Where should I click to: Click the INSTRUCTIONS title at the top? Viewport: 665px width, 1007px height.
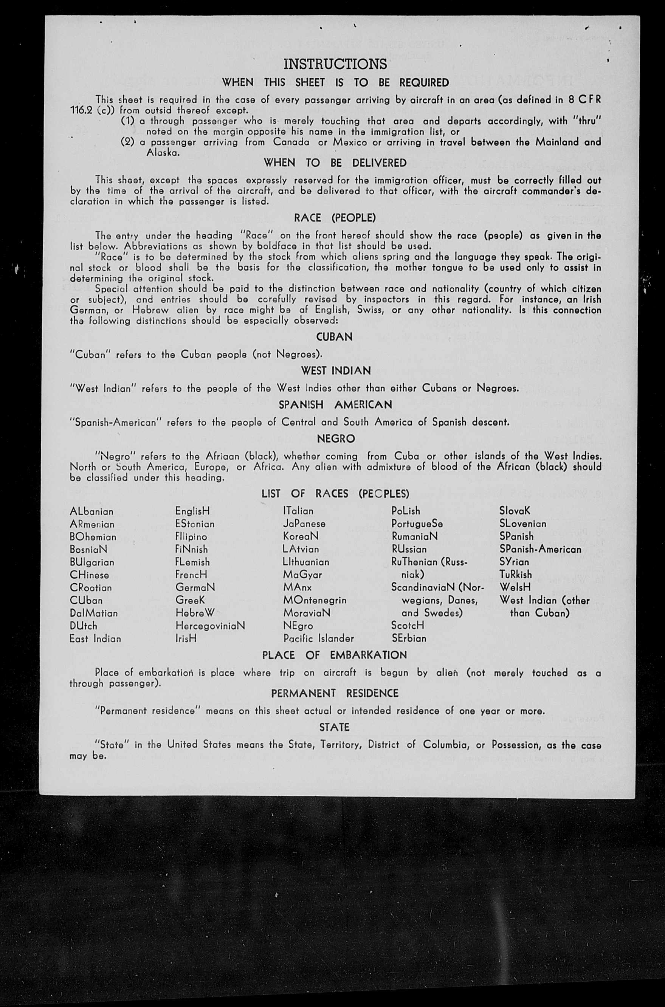pos(335,64)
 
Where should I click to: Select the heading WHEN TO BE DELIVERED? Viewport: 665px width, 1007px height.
pos(335,163)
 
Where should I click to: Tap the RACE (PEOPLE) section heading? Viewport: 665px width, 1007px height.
pos(335,218)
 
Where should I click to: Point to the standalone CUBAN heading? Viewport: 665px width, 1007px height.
pos(335,337)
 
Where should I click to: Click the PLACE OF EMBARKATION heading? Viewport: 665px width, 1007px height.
pos(335,655)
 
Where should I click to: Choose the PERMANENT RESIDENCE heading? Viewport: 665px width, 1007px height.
pos(335,693)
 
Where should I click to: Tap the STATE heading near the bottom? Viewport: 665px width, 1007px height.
pos(334,727)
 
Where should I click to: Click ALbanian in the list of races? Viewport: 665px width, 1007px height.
pos(91,511)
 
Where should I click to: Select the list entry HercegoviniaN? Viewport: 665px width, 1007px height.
pos(210,626)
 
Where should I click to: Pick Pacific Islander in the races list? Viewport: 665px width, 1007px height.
pos(318,638)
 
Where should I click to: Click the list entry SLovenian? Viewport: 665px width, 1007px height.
pos(523,524)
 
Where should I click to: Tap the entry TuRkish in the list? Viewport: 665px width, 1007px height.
pos(516,575)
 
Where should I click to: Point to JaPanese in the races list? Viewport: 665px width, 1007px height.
pos(304,524)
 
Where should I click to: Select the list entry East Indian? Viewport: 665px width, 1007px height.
pos(95,638)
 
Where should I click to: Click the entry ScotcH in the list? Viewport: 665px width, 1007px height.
pos(408,626)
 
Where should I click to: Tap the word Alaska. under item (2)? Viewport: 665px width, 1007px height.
pos(163,153)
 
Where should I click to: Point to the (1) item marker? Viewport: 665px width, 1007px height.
pos(128,121)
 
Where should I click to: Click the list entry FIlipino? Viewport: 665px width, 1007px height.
pos(191,537)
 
